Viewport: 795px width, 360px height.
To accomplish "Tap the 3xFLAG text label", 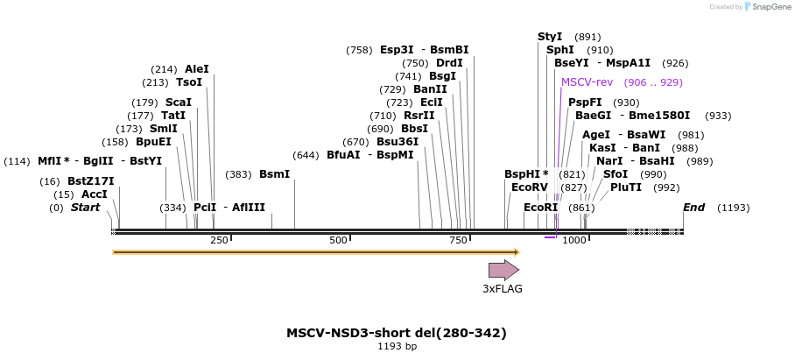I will (x=503, y=289).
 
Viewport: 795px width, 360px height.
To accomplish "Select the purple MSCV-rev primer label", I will (x=587, y=82).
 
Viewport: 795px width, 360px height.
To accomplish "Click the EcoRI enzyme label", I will (x=540, y=208).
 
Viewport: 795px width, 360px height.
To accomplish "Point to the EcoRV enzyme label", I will (x=529, y=187).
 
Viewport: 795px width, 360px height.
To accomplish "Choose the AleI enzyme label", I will (x=197, y=69).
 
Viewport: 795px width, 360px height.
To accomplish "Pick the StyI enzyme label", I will (x=550, y=37).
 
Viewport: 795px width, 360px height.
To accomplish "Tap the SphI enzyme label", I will (x=560, y=50).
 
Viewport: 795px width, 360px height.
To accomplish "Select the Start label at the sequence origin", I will (x=85, y=208).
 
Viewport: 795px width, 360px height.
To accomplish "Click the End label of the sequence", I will (x=694, y=208).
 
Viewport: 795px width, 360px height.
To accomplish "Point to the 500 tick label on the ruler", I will (x=339, y=241).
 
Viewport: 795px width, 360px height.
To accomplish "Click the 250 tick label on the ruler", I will (x=219, y=241).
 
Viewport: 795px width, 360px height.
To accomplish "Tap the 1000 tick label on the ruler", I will (x=574, y=241).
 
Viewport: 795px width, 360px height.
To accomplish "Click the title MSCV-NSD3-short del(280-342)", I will (x=397, y=333).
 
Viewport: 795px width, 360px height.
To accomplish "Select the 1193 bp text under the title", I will (x=397, y=347).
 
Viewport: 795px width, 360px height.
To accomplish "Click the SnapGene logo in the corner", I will (x=768, y=7).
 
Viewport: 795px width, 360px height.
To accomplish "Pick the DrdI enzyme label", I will (x=450, y=63).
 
